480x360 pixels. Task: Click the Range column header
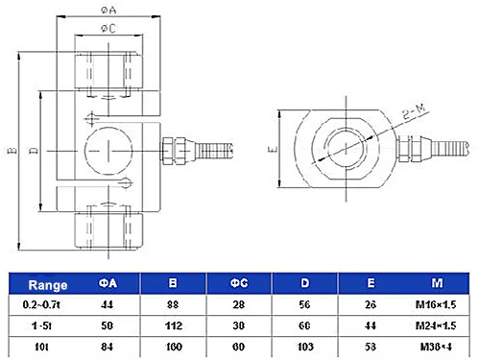tap(47, 284)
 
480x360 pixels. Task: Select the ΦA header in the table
tap(108, 284)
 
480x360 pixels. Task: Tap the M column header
tap(436, 284)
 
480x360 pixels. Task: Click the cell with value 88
tap(174, 304)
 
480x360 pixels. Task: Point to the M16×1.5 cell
tap(436, 304)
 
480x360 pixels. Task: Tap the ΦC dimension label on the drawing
tap(108, 30)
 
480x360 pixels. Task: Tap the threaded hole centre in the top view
tap(345, 148)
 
